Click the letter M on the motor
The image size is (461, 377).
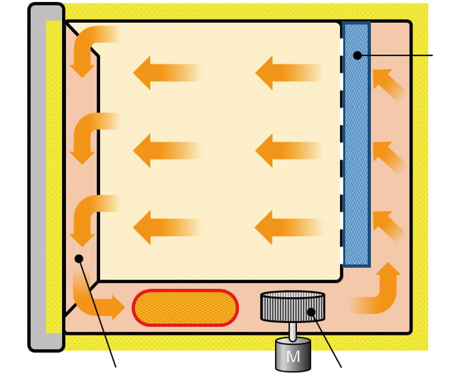coord(293,356)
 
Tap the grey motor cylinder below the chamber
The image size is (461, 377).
coord(293,354)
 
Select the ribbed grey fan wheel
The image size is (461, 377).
coord(292,306)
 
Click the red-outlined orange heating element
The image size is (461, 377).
coord(185,307)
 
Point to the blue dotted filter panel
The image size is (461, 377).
coord(356,144)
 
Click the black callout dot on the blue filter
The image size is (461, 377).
coord(357,55)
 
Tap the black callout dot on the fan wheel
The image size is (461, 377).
coord(311,311)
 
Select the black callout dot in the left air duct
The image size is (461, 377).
coord(79,258)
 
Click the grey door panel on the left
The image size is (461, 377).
coord(46,177)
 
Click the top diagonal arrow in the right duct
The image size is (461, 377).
coord(388,83)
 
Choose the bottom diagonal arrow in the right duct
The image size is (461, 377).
coord(388,225)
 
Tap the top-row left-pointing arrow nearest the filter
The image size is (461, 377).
coord(288,72)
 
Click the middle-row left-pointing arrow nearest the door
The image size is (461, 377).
coord(166,150)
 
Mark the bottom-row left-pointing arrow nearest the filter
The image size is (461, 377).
coord(288,227)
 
